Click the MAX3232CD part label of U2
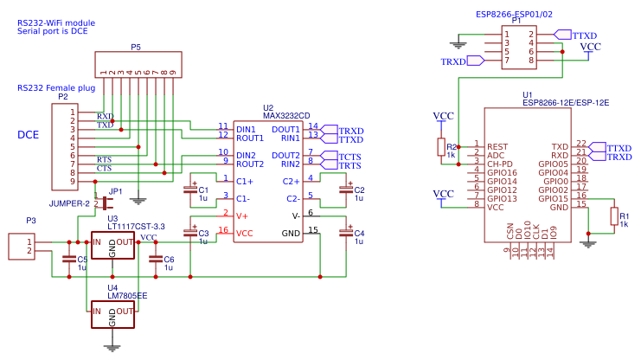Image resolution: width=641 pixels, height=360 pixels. pyautogui.click(x=286, y=116)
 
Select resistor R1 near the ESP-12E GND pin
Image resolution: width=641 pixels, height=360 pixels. pyautogui.click(x=614, y=216)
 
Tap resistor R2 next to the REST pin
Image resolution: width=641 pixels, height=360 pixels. pyautogui.click(x=440, y=147)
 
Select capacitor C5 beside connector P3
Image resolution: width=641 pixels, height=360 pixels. pyautogui.click(x=68, y=259)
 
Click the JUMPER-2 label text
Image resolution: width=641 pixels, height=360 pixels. pyautogui.click(x=69, y=203)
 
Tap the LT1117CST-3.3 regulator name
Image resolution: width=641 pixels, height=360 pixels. pyautogui.click(x=136, y=226)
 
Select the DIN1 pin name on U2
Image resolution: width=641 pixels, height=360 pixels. pyautogui.click(x=246, y=129)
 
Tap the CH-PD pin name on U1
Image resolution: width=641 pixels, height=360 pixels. pyautogui.click(x=500, y=164)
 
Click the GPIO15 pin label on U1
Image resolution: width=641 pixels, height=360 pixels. pyautogui.click(x=554, y=198)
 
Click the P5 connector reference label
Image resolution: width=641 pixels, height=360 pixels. pyautogui.click(x=136, y=46)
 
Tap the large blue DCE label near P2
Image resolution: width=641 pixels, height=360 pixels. pyautogui.click(x=29, y=134)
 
